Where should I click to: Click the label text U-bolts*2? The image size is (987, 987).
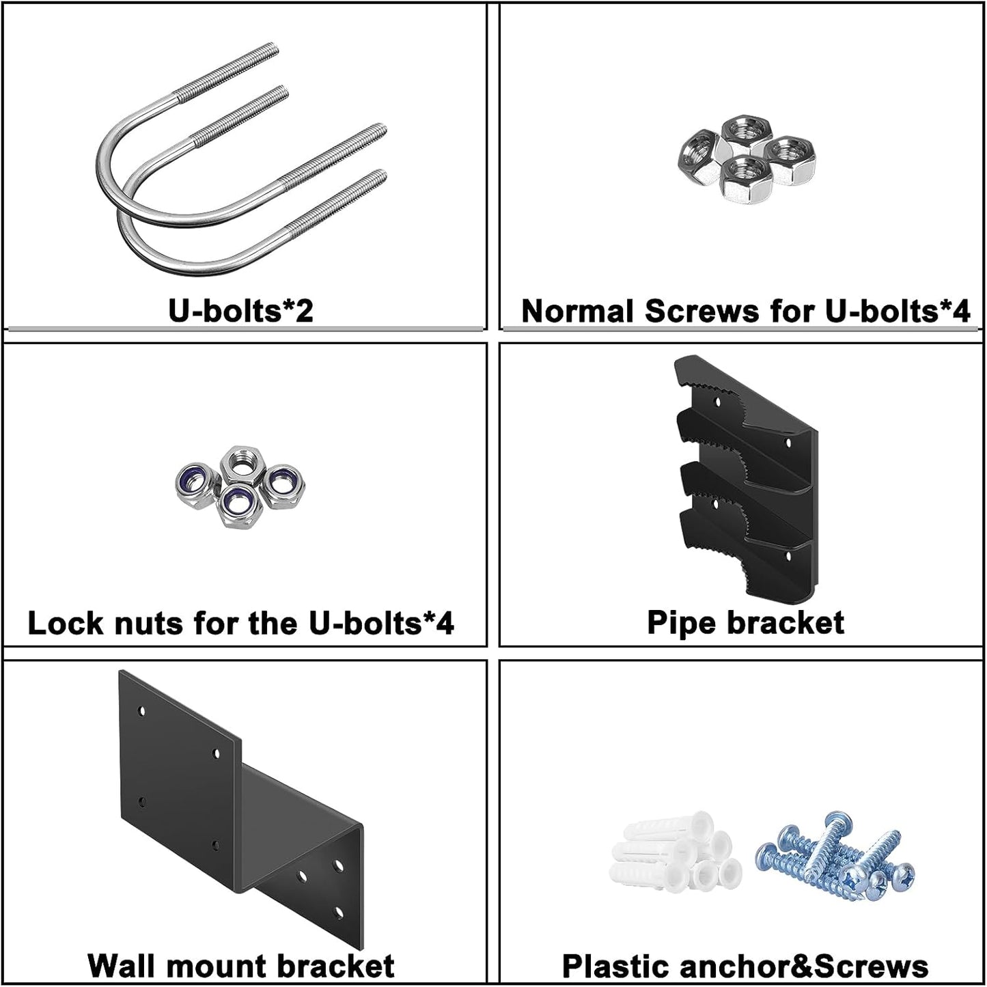coord(240,311)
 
